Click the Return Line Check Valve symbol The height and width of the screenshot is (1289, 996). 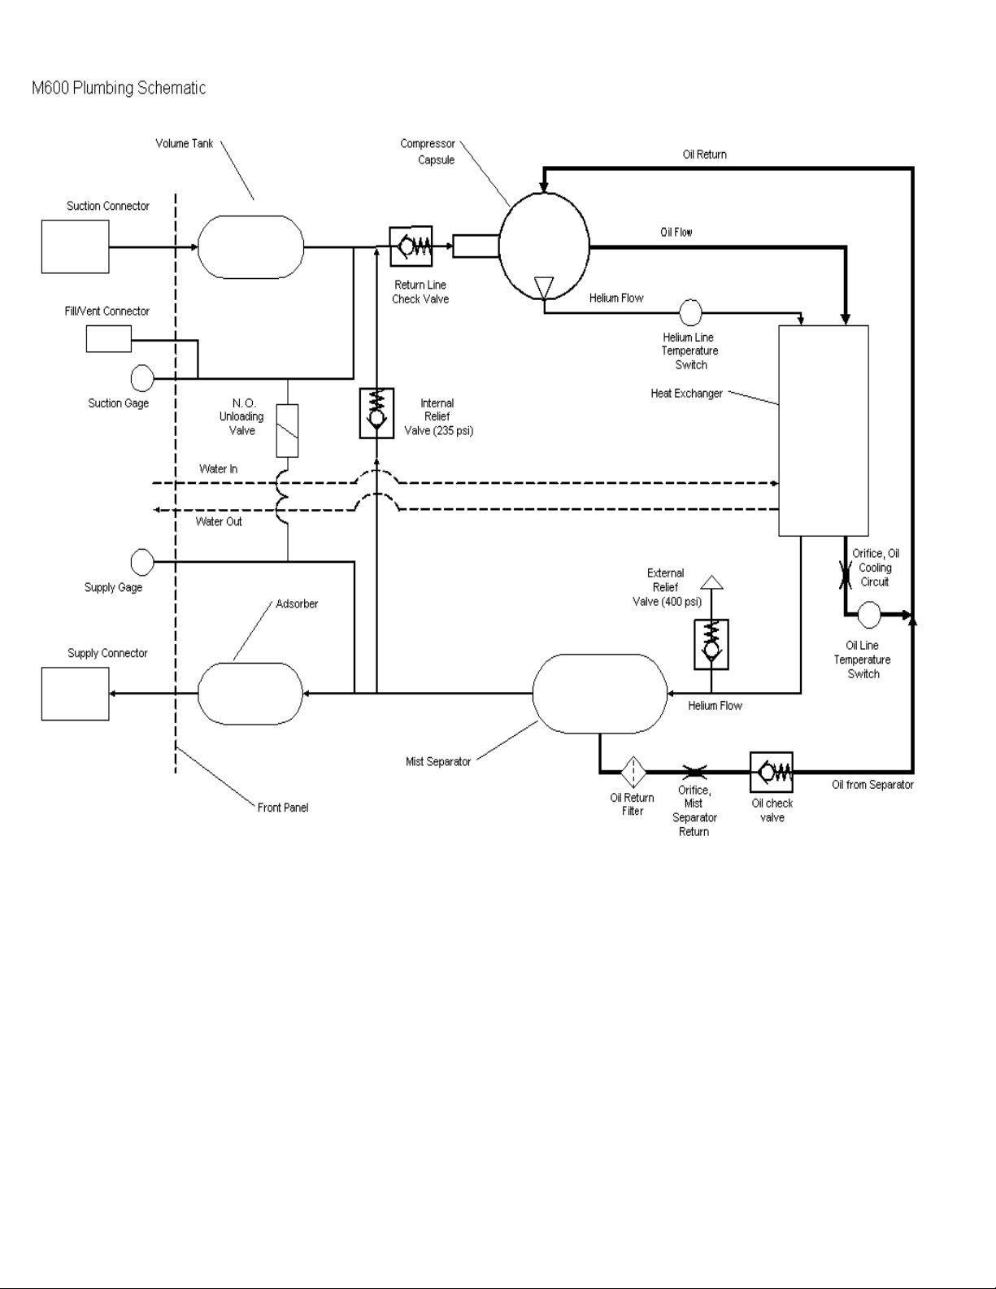click(x=411, y=246)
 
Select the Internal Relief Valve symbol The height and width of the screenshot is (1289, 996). click(x=376, y=413)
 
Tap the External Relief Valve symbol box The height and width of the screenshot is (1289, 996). click(x=711, y=645)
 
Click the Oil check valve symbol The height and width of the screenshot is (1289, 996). click(x=772, y=773)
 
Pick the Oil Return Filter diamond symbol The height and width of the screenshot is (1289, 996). click(x=633, y=773)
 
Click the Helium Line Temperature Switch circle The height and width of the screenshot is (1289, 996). click(x=690, y=312)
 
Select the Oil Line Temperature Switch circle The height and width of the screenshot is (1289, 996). click(x=869, y=615)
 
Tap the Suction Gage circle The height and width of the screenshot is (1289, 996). click(x=142, y=378)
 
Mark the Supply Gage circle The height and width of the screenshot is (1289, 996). click(x=142, y=562)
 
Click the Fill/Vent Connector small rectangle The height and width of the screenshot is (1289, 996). click(x=108, y=338)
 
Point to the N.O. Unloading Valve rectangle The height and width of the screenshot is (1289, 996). click(x=288, y=431)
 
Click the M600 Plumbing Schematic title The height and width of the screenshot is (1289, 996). click(x=119, y=88)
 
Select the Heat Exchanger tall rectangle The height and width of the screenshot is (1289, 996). click(x=824, y=431)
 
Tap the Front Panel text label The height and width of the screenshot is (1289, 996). click(x=283, y=808)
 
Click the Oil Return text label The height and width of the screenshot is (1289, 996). click(x=704, y=155)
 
